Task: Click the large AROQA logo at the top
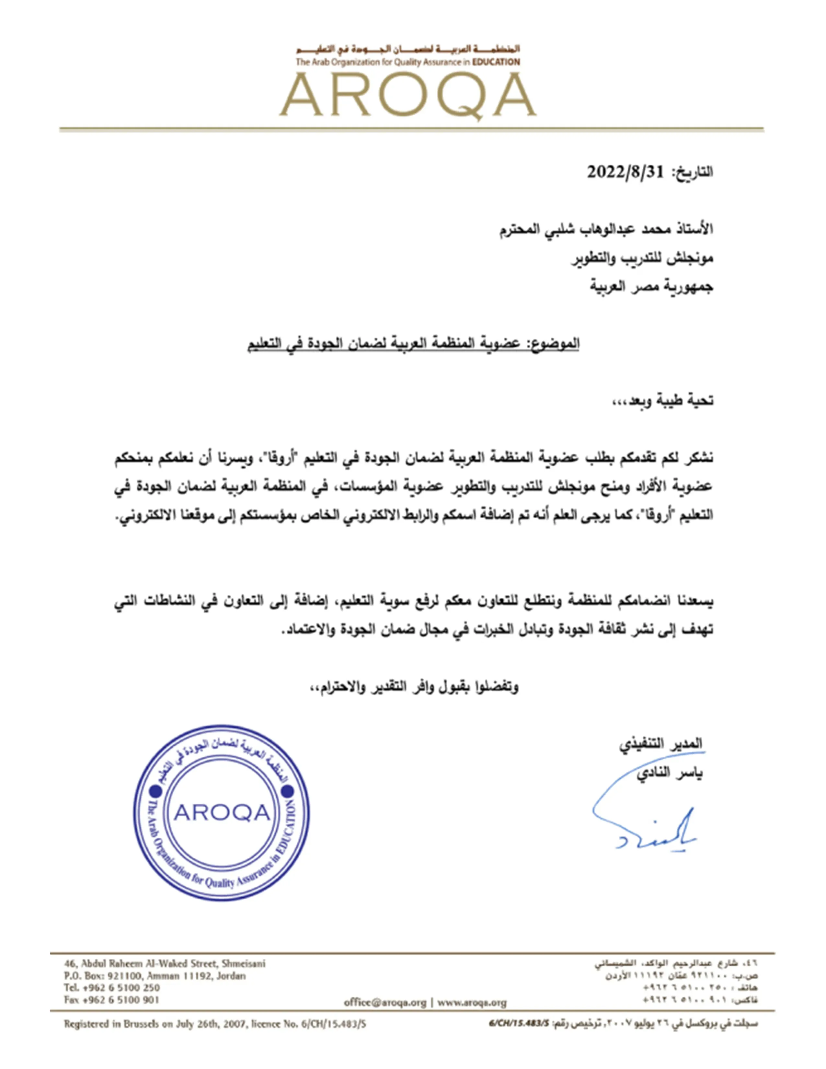pyautogui.click(x=407, y=96)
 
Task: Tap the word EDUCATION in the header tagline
pyautogui.click(x=496, y=62)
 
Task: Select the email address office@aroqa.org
pyautogui.click(x=384, y=1003)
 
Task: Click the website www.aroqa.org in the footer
pyautogui.click(x=472, y=1003)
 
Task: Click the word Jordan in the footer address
pyautogui.click(x=230, y=975)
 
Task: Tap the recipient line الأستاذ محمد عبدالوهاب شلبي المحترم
pyautogui.click(x=606, y=229)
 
